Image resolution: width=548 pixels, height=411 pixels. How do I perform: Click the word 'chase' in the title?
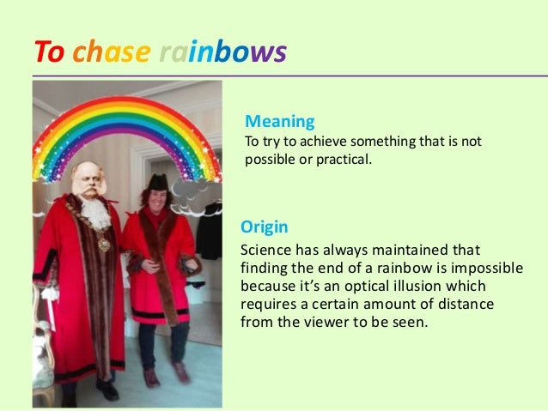[112, 54]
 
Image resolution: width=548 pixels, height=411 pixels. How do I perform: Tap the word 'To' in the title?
[49, 54]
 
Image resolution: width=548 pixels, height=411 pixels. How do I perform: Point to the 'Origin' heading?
[264, 227]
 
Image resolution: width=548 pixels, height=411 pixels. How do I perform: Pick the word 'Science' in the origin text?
[267, 251]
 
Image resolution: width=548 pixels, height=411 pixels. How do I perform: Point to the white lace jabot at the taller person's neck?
[96, 213]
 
